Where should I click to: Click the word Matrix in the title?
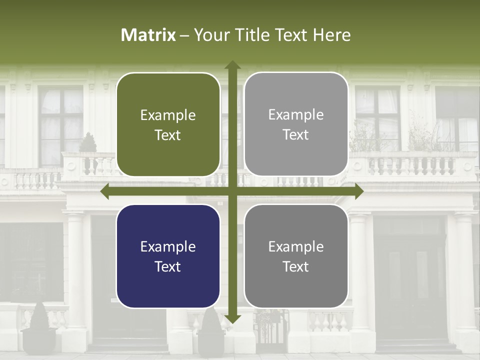[148, 35]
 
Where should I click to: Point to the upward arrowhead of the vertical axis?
[232, 65]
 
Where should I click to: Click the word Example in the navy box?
[168, 247]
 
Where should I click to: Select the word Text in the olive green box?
[168, 135]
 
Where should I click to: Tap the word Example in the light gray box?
[296, 115]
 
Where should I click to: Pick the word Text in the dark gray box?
[296, 267]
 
